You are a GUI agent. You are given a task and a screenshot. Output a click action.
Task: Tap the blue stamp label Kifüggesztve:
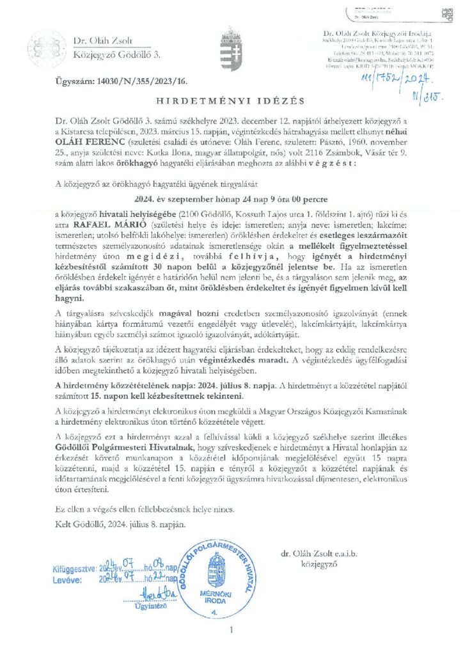point(74,567)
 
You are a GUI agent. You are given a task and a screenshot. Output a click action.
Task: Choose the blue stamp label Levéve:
point(68,580)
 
